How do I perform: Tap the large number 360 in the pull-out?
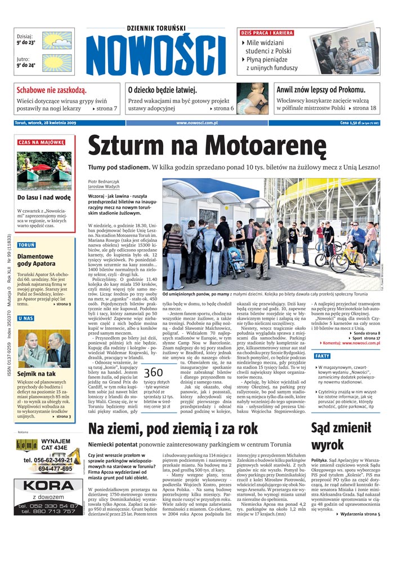[153, 373]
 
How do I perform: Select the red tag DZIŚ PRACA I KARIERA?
[267, 33]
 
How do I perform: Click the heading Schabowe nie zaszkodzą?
[51, 90]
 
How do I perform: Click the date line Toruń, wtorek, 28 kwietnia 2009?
[50, 122]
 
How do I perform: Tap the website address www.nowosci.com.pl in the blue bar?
[197, 122]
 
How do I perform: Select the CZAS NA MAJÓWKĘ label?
[41, 142]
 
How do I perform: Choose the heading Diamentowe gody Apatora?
[36, 260]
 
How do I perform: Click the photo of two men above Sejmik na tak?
[44, 347]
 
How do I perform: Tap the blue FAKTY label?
[323, 356]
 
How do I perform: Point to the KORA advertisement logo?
[48, 486]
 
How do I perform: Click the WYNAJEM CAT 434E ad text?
[56, 445]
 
